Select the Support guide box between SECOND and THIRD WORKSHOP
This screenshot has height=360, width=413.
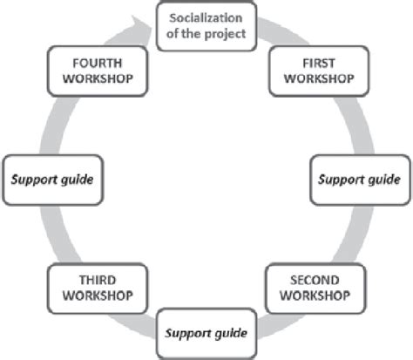[207, 332]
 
